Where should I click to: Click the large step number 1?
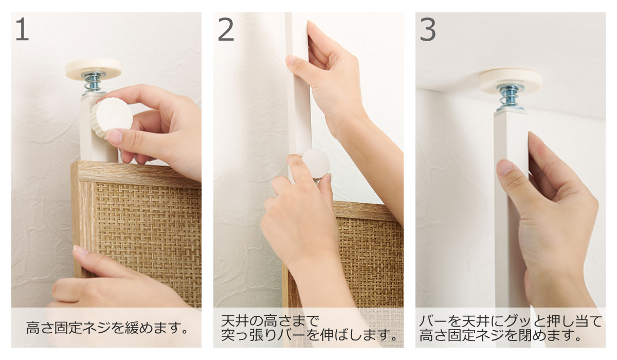(x=23, y=29)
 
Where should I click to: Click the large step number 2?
(x=226, y=29)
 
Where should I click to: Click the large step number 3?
(x=428, y=29)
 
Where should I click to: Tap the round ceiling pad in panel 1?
(x=94, y=68)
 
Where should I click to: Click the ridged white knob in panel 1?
(x=112, y=117)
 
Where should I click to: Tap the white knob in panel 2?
(x=315, y=164)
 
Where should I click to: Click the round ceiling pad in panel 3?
(x=511, y=80)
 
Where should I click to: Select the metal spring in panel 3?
(x=511, y=98)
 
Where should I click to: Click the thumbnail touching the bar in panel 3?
(x=505, y=168)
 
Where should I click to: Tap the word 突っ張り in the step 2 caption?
(x=249, y=335)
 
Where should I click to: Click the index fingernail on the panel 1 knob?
(x=115, y=136)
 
